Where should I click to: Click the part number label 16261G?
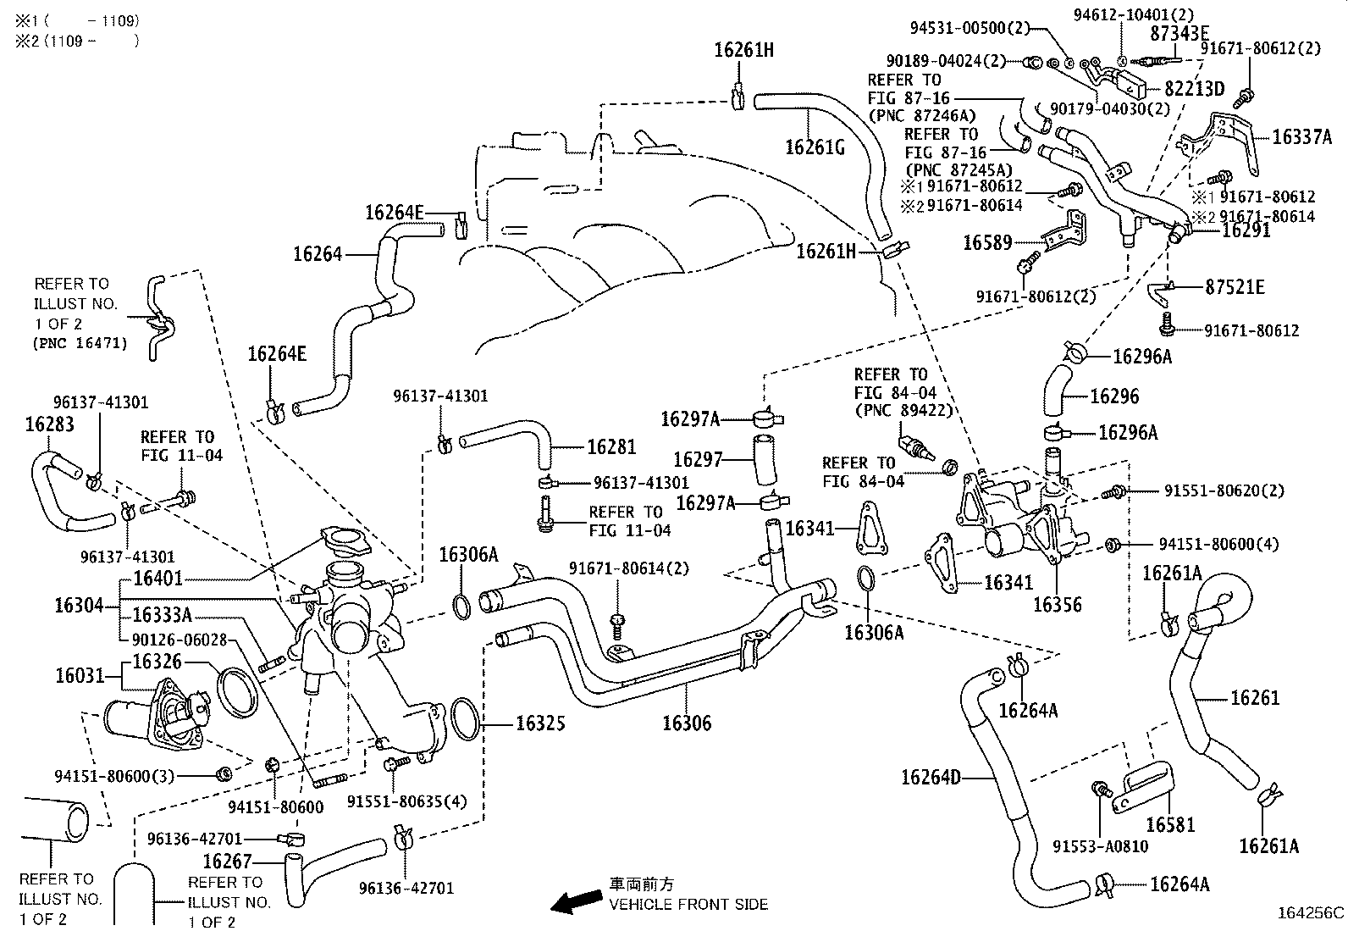point(815,147)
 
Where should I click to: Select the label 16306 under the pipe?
point(687,723)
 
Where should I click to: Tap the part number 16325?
point(540,723)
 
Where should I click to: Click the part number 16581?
point(1170,823)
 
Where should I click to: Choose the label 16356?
point(1058,604)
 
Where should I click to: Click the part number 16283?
point(49,424)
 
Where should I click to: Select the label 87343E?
point(1179,33)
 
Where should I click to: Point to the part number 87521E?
point(1235,287)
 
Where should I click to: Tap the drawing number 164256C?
point(1311,912)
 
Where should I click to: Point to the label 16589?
point(987,242)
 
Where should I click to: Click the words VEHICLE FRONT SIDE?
point(688,904)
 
